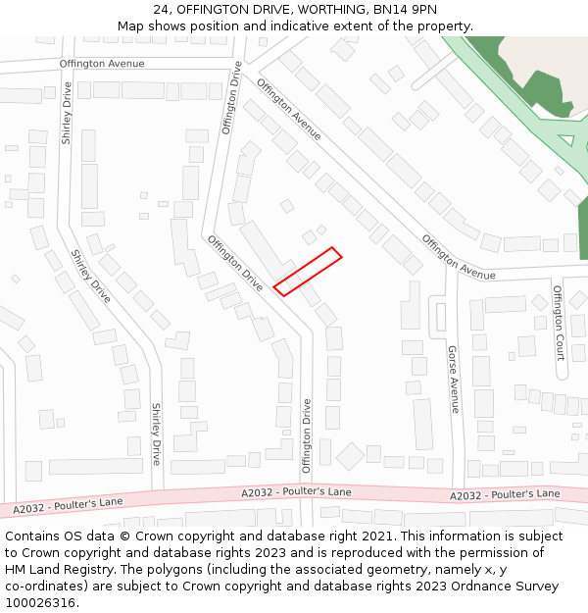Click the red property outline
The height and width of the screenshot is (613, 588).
click(308, 272)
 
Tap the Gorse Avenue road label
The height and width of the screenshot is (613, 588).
click(454, 379)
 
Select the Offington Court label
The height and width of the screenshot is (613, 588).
click(559, 321)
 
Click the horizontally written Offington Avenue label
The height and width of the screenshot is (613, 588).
click(101, 64)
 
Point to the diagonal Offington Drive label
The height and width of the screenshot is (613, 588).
click(235, 263)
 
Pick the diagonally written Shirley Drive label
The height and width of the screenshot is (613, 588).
click(90, 276)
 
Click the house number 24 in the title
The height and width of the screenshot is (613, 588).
click(162, 9)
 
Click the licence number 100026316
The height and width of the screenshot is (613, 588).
click(40, 602)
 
